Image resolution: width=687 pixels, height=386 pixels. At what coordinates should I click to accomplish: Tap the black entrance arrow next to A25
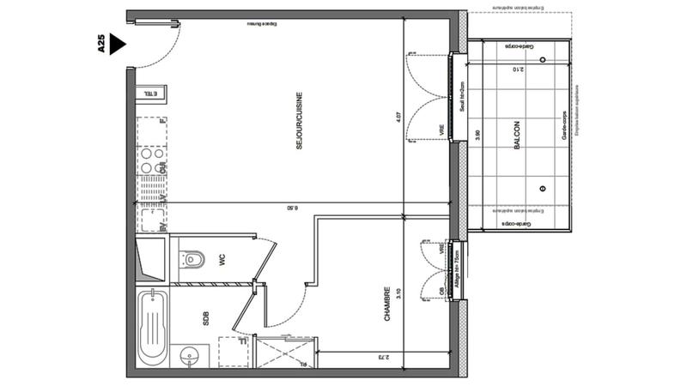[x=119, y=45]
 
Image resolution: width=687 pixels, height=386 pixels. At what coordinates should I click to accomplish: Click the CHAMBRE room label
[x=387, y=305]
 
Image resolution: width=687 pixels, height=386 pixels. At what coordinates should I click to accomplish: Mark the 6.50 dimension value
[x=292, y=207]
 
